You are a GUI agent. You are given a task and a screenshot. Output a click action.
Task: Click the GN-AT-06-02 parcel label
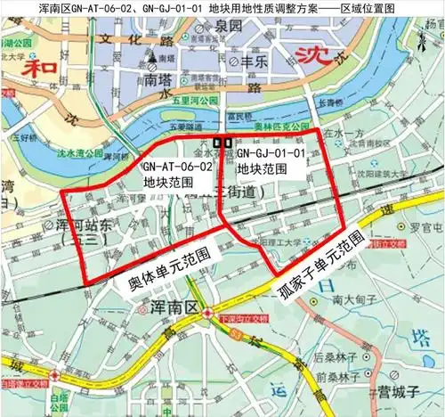pos(178,173)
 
